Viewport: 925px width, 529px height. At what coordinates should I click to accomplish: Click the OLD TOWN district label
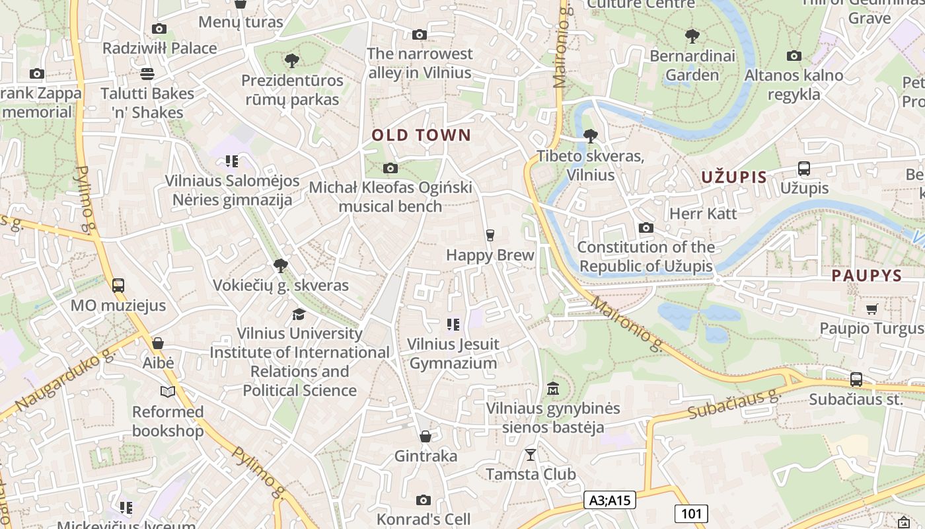pos(421,136)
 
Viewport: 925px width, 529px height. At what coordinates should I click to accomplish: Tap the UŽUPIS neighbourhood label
pos(733,177)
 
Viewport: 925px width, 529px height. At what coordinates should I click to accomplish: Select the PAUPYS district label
pos(866,276)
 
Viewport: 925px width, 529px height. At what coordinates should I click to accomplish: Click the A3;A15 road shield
pos(610,501)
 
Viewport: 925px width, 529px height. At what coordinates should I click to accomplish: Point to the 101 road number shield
pos(691,513)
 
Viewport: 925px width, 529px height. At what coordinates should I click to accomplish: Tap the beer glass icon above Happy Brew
pos(490,235)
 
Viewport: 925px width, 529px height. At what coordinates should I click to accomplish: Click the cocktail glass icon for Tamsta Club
pos(530,454)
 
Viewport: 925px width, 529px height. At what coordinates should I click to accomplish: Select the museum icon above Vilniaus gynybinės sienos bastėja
pos(553,388)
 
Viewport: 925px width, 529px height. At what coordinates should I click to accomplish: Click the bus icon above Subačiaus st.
pos(856,380)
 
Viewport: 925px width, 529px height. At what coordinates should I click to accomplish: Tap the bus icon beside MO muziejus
pos(118,286)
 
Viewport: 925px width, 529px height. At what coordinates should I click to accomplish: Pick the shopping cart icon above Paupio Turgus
pos(871,309)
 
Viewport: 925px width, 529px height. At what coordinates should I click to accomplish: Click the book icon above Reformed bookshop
pos(168,392)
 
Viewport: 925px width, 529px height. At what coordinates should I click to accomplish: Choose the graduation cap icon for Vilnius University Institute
pos(299,313)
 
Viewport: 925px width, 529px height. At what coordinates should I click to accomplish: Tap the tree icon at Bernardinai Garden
pos(692,36)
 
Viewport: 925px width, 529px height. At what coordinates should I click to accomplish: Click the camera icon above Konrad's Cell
pos(424,500)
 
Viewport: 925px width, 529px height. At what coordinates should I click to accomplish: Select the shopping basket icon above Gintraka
pos(425,436)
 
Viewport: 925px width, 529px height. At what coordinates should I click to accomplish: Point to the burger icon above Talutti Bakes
pos(147,73)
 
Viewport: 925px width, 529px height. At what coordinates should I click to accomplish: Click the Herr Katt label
pos(703,214)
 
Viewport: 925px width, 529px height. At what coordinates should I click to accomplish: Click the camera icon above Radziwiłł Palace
pos(159,28)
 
